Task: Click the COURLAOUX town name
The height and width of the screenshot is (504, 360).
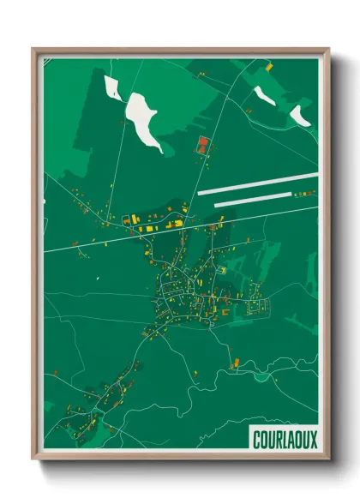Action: (285, 439)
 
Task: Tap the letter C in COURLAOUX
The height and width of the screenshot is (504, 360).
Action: (257, 439)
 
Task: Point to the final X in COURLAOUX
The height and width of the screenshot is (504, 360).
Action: (312, 439)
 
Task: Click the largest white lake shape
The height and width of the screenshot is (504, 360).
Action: (143, 117)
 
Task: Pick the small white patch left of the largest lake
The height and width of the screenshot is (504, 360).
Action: (111, 86)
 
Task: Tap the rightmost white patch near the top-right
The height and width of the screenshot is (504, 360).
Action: (300, 115)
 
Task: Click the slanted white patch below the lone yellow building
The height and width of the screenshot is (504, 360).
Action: (264, 95)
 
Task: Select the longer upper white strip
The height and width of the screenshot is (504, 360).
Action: (257, 184)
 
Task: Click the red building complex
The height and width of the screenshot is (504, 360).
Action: (203, 144)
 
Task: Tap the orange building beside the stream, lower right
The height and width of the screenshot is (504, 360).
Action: (232, 363)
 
